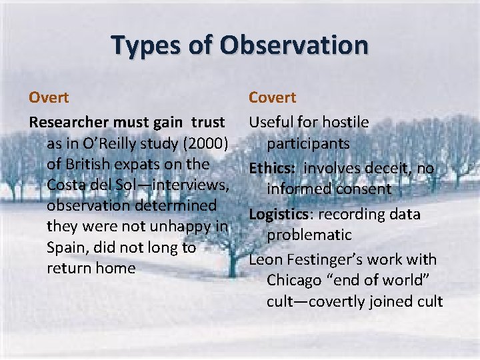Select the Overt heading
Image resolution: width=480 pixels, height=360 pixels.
(49, 97)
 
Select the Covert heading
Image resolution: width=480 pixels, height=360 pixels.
(272, 97)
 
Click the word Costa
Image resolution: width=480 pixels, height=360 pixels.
(69, 185)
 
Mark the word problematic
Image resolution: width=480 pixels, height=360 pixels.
(309, 235)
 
